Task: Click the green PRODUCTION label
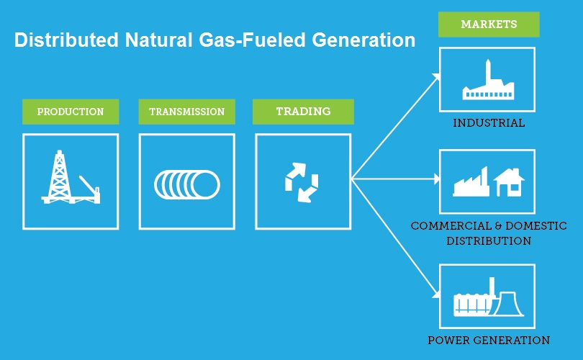point(71,112)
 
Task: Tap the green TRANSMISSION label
point(186,112)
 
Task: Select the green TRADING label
point(303,112)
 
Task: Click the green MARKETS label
point(489,24)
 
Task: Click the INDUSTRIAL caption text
point(489,123)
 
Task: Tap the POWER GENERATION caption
point(489,340)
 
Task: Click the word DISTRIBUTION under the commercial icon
point(489,240)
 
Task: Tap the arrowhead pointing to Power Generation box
point(436,294)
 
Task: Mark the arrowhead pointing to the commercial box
point(437,178)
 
